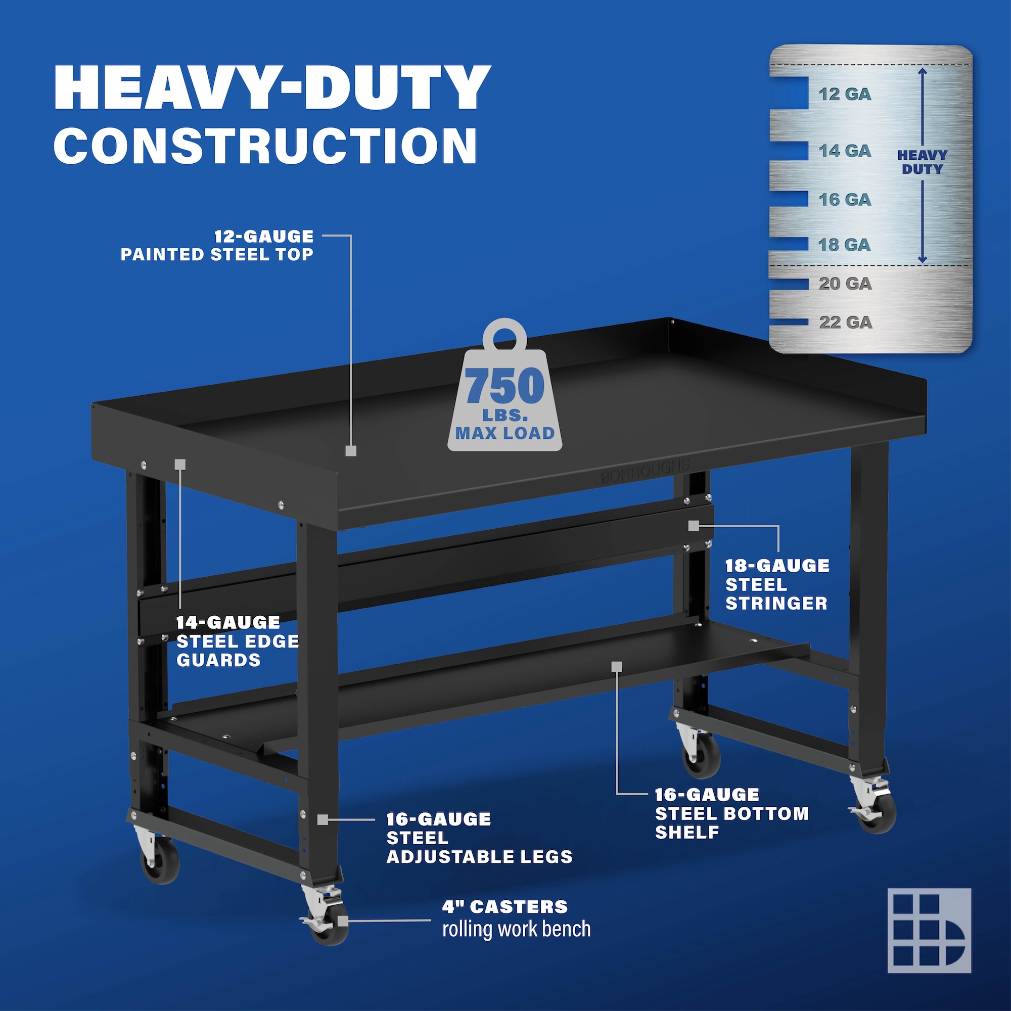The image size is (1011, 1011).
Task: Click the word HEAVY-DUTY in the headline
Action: click(272, 87)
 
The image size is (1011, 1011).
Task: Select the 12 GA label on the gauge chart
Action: click(845, 94)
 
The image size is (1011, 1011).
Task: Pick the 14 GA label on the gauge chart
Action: click(845, 151)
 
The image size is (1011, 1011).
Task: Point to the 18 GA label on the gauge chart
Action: click(845, 244)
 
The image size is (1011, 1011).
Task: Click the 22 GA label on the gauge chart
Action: click(846, 322)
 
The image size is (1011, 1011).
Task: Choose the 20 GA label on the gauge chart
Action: click(845, 283)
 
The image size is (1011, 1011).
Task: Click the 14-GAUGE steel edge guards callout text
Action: click(238, 641)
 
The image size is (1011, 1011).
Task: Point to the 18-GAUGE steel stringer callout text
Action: click(777, 584)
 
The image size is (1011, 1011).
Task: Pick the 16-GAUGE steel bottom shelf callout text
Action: click(731, 814)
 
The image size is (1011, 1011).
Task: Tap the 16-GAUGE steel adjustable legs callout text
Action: click(479, 838)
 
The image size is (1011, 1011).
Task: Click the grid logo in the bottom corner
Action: click(930, 931)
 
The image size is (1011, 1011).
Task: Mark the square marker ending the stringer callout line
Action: click(694, 526)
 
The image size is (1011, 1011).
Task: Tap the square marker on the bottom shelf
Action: click(616, 666)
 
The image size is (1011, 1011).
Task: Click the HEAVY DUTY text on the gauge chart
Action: click(922, 162)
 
